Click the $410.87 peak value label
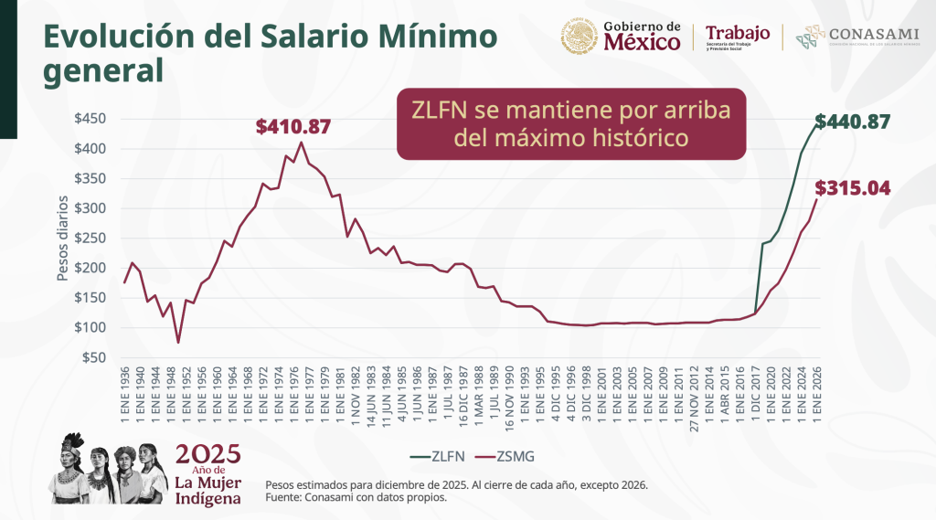(x=293, y=127)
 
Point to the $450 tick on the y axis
(x=91, y=119)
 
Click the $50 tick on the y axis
(x=95, y=357)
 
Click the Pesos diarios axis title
(x=64, y=238)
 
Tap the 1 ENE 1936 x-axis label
(x=124, y=396)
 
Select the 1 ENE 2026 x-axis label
(x=817, y=396)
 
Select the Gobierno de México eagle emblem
(x=579, y=37)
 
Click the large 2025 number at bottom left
(x=207, y=454)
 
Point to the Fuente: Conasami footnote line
(x=356, y=498)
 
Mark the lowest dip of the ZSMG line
(x=178, y=343)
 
